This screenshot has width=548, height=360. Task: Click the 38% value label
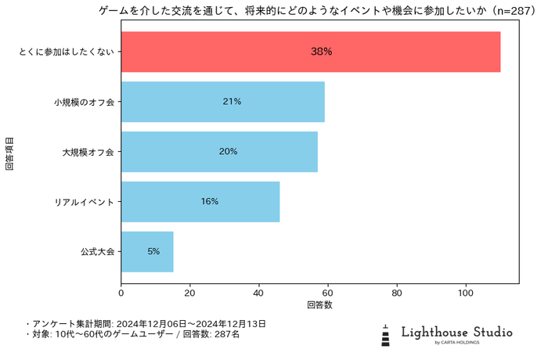322,52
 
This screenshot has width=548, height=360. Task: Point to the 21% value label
232,102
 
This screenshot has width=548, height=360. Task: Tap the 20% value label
228,152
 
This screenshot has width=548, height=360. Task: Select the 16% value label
209,202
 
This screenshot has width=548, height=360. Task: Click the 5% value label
153,252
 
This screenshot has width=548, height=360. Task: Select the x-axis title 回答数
319,304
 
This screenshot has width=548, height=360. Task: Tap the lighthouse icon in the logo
385,334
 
